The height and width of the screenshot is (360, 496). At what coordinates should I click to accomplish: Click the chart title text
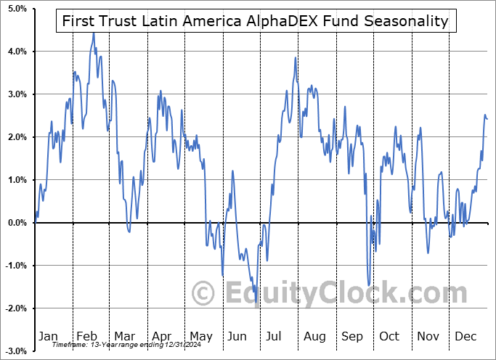click(x=255, y=21)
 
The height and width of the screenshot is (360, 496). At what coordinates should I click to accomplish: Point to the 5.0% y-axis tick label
click(x=15, y=9)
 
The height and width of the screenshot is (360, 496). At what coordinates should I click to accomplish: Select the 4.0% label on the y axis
click(x=15, y=52)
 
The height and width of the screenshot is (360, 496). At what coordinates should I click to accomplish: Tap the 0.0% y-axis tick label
click(x=15, y=223)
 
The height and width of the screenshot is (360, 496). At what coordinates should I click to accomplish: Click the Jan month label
click(x=47, y=337)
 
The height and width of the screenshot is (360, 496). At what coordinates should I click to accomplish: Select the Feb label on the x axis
click(x=86, y=337)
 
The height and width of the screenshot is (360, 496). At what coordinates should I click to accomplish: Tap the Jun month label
click(x=237, y=337)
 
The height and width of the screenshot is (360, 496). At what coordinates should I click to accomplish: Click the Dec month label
click(x=465, y=337)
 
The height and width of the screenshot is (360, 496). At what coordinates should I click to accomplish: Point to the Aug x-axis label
click(x=314, y=337)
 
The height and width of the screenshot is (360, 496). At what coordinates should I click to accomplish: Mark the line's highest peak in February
click(x=93, y=33)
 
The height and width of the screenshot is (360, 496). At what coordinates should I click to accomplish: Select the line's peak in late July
click(x=295, y=57)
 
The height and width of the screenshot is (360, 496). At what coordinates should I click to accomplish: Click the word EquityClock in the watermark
click(x=341, y=293)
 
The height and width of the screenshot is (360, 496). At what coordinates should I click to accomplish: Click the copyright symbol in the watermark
click(x=203, y=294)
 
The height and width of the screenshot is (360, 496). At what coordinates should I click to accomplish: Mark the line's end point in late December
click(x=487, y=118)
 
